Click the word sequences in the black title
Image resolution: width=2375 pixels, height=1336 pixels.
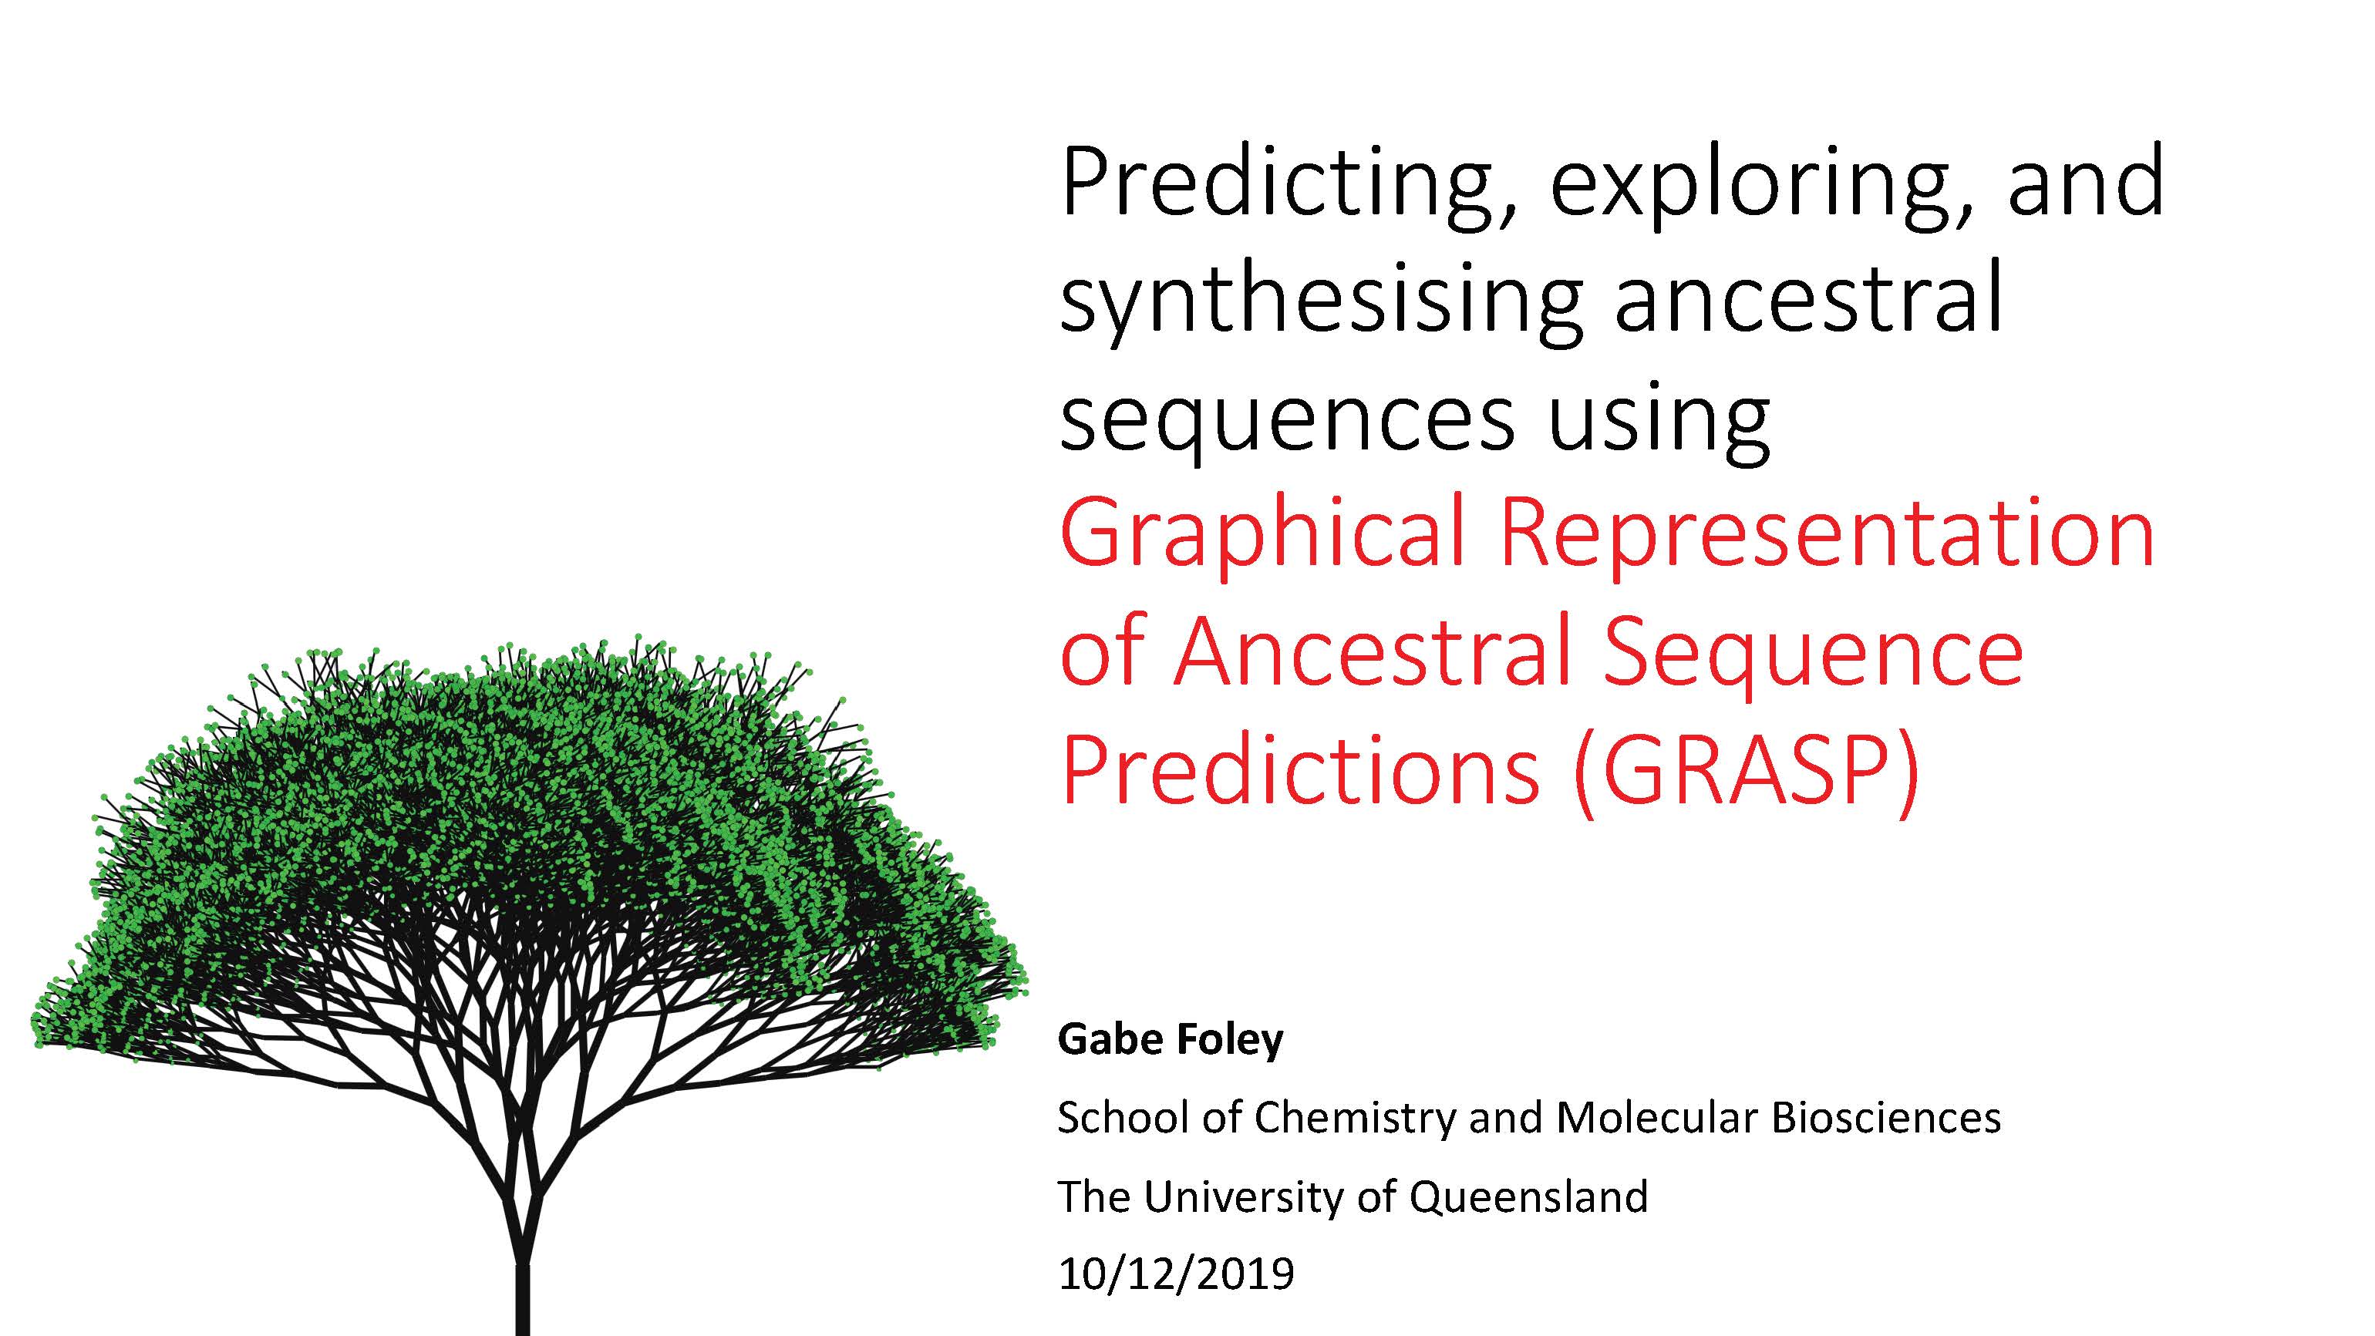tap(1287, 419)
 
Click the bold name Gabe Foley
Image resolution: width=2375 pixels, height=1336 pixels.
tap(1170, 1039)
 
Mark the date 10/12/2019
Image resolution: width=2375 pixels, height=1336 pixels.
tap(1175, 1274)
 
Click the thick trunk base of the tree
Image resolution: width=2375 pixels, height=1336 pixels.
tap(522, 1300)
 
